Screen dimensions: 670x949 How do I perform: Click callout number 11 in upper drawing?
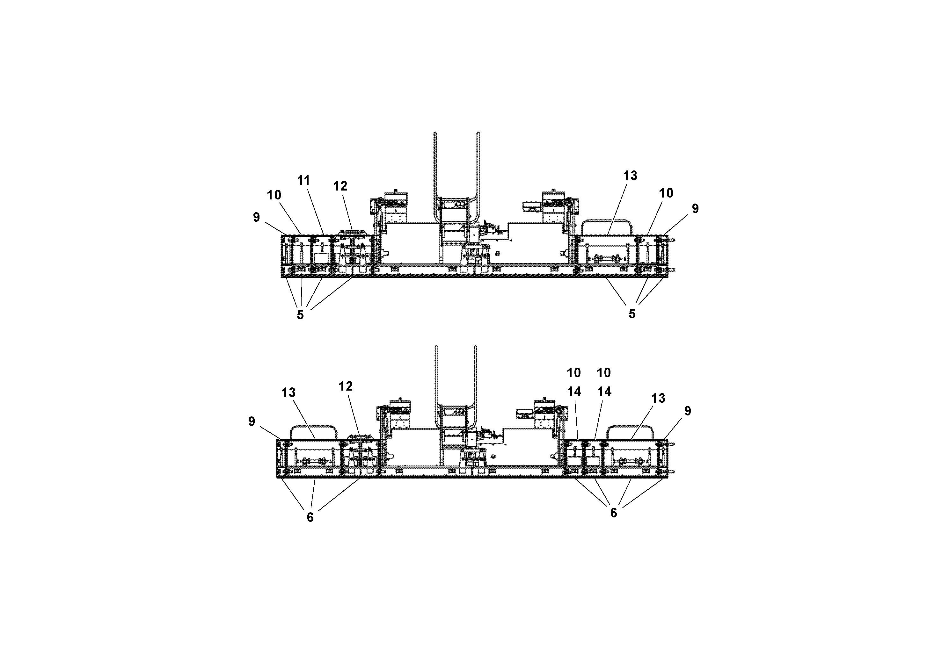point(303,181)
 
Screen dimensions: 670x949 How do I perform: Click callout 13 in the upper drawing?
point(630,176)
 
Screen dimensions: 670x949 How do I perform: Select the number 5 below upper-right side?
point(632,314)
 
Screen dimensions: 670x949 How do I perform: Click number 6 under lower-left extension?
point(310,517)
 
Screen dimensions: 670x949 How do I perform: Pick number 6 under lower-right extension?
point(613,513)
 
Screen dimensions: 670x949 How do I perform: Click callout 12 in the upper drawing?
point(340,186)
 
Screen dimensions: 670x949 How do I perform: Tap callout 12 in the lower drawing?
point(346,386)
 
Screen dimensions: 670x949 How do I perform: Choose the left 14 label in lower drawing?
point(574,392)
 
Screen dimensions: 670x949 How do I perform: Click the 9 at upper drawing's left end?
point(256,217)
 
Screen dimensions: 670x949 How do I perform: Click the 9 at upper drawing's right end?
point(695,209)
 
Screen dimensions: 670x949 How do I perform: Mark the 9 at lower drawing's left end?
point(251,421)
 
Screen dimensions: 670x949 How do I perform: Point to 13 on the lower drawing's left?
point(288,393)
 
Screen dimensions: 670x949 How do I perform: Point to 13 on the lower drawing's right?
point(658,398)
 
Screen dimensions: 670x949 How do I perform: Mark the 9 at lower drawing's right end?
point(687,411)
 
